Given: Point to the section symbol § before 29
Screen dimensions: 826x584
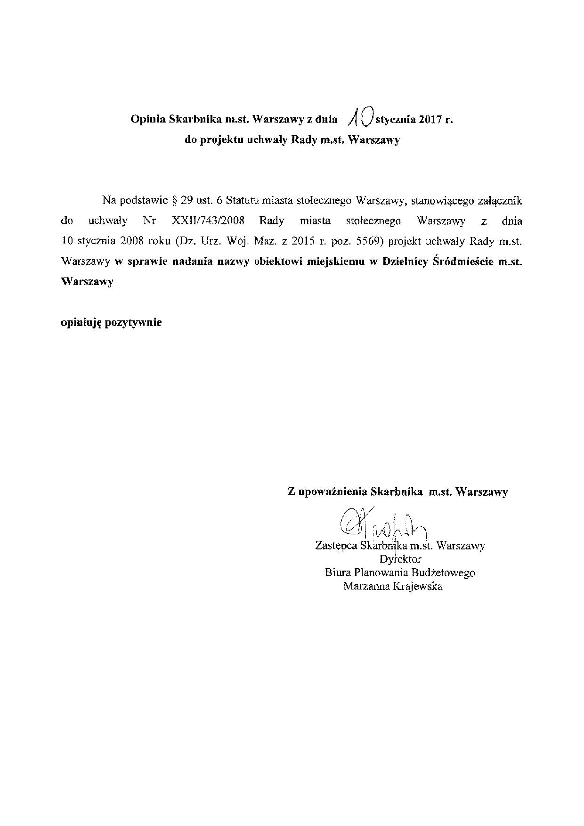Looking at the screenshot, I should pos(172,200).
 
